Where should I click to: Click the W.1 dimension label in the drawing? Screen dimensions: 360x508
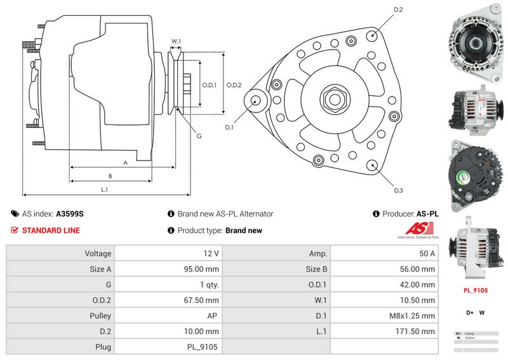(x=177, y=41)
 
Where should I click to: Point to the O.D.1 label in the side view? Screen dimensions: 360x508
(x=210, y=85)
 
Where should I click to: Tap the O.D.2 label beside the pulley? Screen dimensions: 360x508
(x=234, y=85)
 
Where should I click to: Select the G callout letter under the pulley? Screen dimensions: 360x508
(x=199, y=137)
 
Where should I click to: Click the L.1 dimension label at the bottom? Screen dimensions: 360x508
(x=104, y=189)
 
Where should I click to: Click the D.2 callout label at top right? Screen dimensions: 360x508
(x=399, y=10)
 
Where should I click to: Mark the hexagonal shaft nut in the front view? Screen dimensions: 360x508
(x=334, y=99)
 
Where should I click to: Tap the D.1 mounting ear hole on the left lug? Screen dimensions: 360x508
(x=257, y=100)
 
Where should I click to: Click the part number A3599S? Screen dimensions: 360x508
(x=70, y=214)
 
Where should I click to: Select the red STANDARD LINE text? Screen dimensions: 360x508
(x=51, y=230)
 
